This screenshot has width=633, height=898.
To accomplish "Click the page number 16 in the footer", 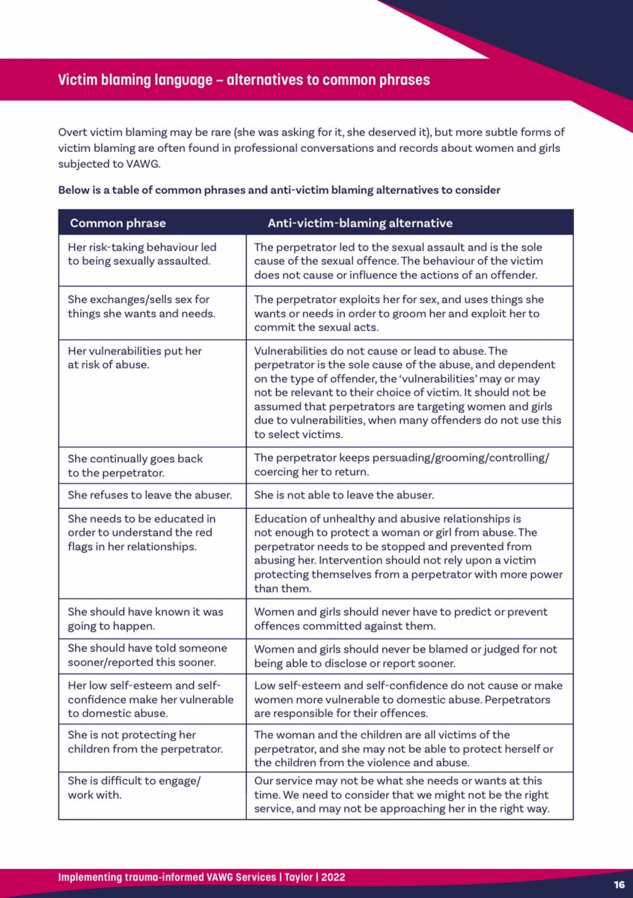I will tap(618, 884).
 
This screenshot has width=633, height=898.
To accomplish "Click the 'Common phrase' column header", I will tap(117, 223).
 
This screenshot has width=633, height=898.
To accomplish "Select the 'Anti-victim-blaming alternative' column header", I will tap(360, 223).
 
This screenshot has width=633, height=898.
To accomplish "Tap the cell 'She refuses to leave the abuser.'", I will tap(150, 495).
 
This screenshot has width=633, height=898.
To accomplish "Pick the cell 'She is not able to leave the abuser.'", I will tap(343, 495).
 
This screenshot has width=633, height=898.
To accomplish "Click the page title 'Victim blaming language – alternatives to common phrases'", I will tap(244, 79).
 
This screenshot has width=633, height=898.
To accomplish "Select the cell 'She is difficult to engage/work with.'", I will tap(135, 788).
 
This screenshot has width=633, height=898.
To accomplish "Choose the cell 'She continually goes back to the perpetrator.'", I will tap(135, 465).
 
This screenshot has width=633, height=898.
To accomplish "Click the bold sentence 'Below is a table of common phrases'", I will tap(279, 190).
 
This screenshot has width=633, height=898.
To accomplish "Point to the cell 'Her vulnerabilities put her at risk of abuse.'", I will tap(135, 358).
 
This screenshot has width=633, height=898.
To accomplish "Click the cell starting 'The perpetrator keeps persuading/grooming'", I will tap(401, 465).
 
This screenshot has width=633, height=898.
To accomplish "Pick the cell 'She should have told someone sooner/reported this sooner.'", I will tap(147, 656).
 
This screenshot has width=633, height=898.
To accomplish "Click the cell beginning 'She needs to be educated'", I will tap(141, 532).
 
